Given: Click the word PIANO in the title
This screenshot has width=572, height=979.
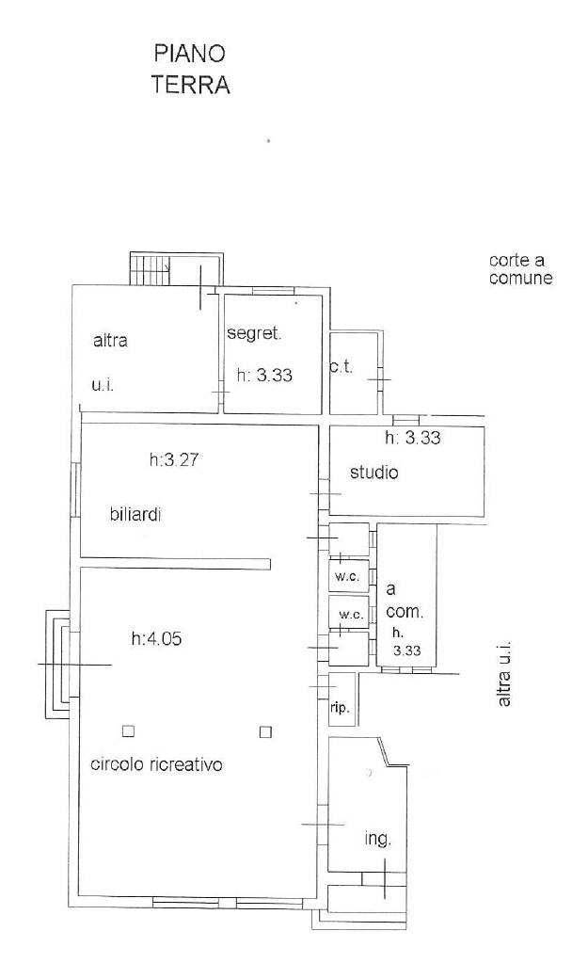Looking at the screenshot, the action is pos(190,53).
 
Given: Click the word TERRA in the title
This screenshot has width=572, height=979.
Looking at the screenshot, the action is pos(191,85).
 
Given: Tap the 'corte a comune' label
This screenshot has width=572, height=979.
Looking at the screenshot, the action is pos(521,269).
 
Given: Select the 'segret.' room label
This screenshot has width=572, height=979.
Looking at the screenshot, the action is pos(255,333).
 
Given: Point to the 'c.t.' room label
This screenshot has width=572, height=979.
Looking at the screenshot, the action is pos(342,366).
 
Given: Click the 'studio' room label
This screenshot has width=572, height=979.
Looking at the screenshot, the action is pos(373,472).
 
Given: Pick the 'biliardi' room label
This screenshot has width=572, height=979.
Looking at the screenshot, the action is pos(136,515).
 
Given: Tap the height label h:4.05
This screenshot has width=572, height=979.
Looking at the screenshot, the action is pos(156,639).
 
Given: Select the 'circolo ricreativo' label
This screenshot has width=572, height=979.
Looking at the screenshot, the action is pos(156,764).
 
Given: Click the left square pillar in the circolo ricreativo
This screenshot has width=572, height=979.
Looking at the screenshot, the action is pos(129,731).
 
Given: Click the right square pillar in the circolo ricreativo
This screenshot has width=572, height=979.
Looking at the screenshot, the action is pos(266,731).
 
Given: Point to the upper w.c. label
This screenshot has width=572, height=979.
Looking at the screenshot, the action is pos(347,577).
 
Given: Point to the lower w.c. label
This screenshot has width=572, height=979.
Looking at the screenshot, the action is pos(351,615).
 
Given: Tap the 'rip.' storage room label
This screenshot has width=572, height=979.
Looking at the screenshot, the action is pos(341,709).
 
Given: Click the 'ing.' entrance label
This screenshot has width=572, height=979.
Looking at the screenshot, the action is pos(377,840).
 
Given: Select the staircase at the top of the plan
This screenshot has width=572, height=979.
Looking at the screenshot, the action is pos(151,269).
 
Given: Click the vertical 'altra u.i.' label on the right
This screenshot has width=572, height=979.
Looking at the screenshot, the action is pos(504,672).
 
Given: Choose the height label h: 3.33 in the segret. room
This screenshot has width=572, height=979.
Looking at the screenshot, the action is pos(264,376).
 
